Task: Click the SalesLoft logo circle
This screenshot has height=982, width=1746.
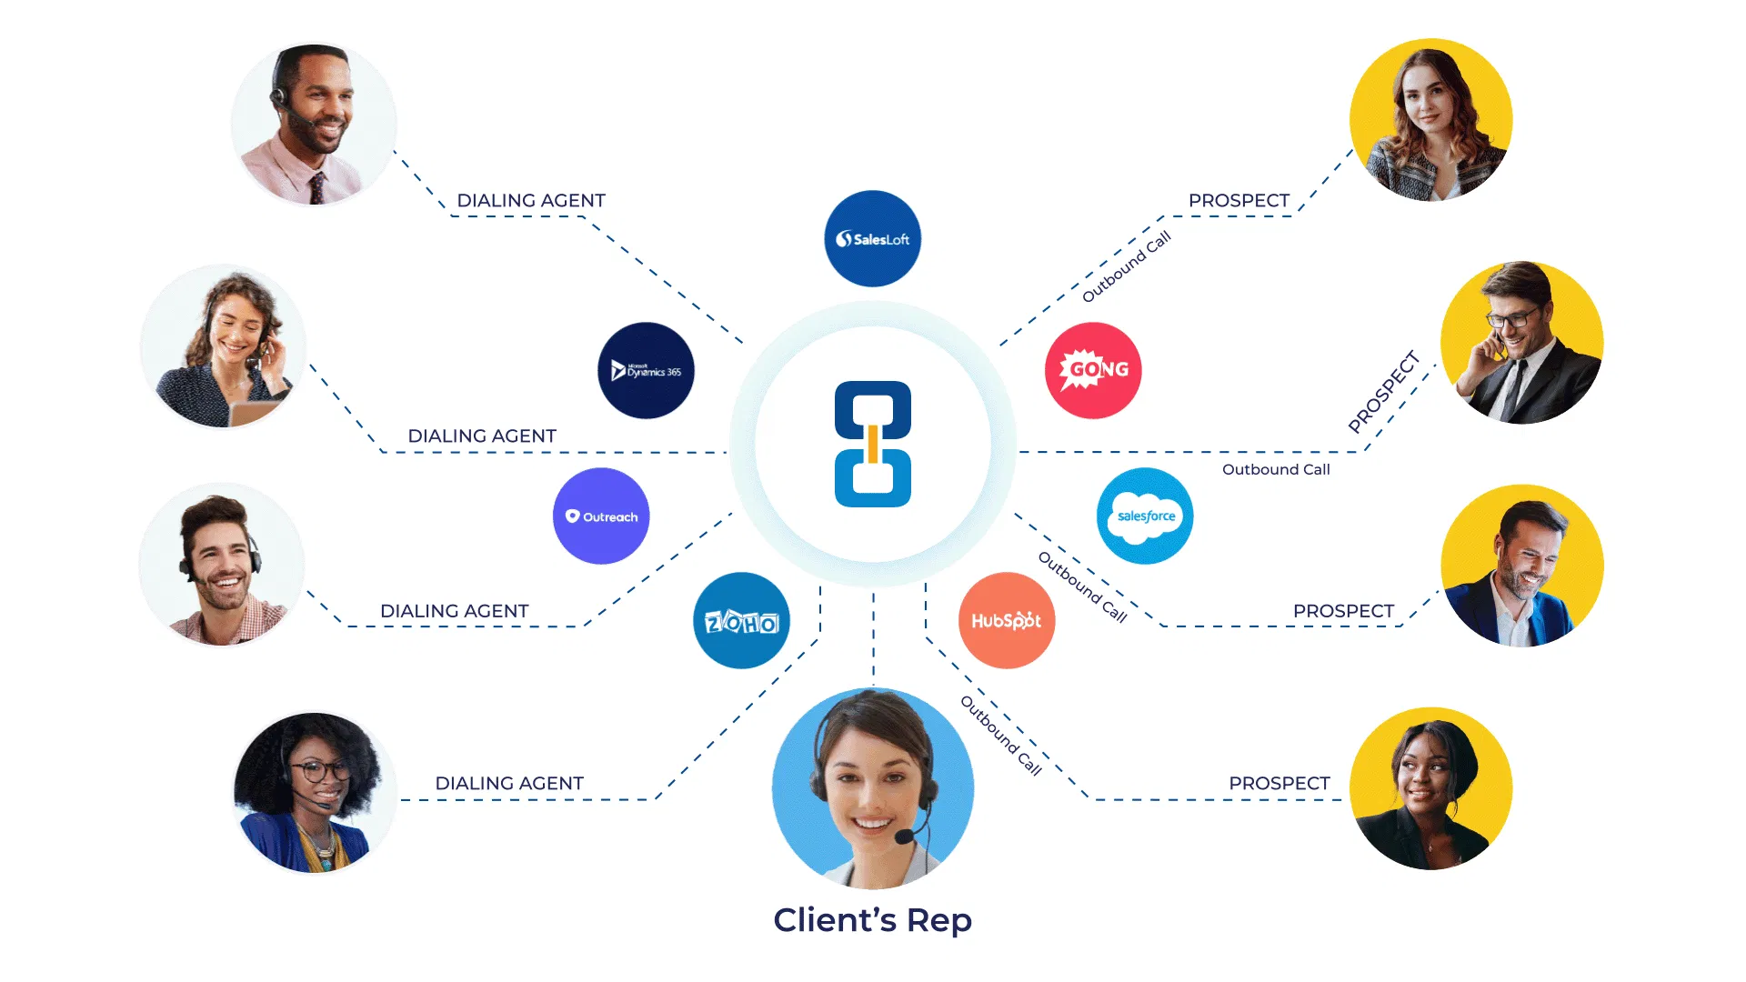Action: tap(872, 239)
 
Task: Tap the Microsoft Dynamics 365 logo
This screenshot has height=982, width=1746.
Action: tap(646, 371)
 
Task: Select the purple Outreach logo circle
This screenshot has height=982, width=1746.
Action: tap(601, 516)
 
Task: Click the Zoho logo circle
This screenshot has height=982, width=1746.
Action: tap(741, 621)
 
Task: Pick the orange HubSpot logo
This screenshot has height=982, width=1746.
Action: tap(1007, 621)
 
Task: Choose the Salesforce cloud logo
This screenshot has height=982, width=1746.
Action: tap(1145, 516)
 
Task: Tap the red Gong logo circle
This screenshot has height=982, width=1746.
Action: tap(1093, 370)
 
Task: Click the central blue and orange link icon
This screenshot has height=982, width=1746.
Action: tap(873, 444)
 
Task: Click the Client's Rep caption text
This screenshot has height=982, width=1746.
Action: tap(872, 920)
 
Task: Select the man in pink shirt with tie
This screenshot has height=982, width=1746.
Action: tap(314, 125)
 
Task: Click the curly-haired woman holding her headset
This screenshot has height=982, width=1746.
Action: tap(224, 346)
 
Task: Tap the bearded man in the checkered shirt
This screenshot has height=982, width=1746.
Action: tap(222, 566)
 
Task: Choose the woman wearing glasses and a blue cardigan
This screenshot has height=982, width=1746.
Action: tap(315, 792)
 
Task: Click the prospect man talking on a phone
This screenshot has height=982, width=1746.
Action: tap(1521, 343)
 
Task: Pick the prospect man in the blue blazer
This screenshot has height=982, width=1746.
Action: tap(1521, 566)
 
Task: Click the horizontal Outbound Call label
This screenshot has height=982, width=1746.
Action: tap(1276, 470)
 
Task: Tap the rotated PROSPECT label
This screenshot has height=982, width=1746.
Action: tap(1383, 392)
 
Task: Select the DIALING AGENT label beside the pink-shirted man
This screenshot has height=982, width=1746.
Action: tap(531, 201)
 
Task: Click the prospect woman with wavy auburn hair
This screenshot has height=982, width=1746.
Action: tap(1430, 120)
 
